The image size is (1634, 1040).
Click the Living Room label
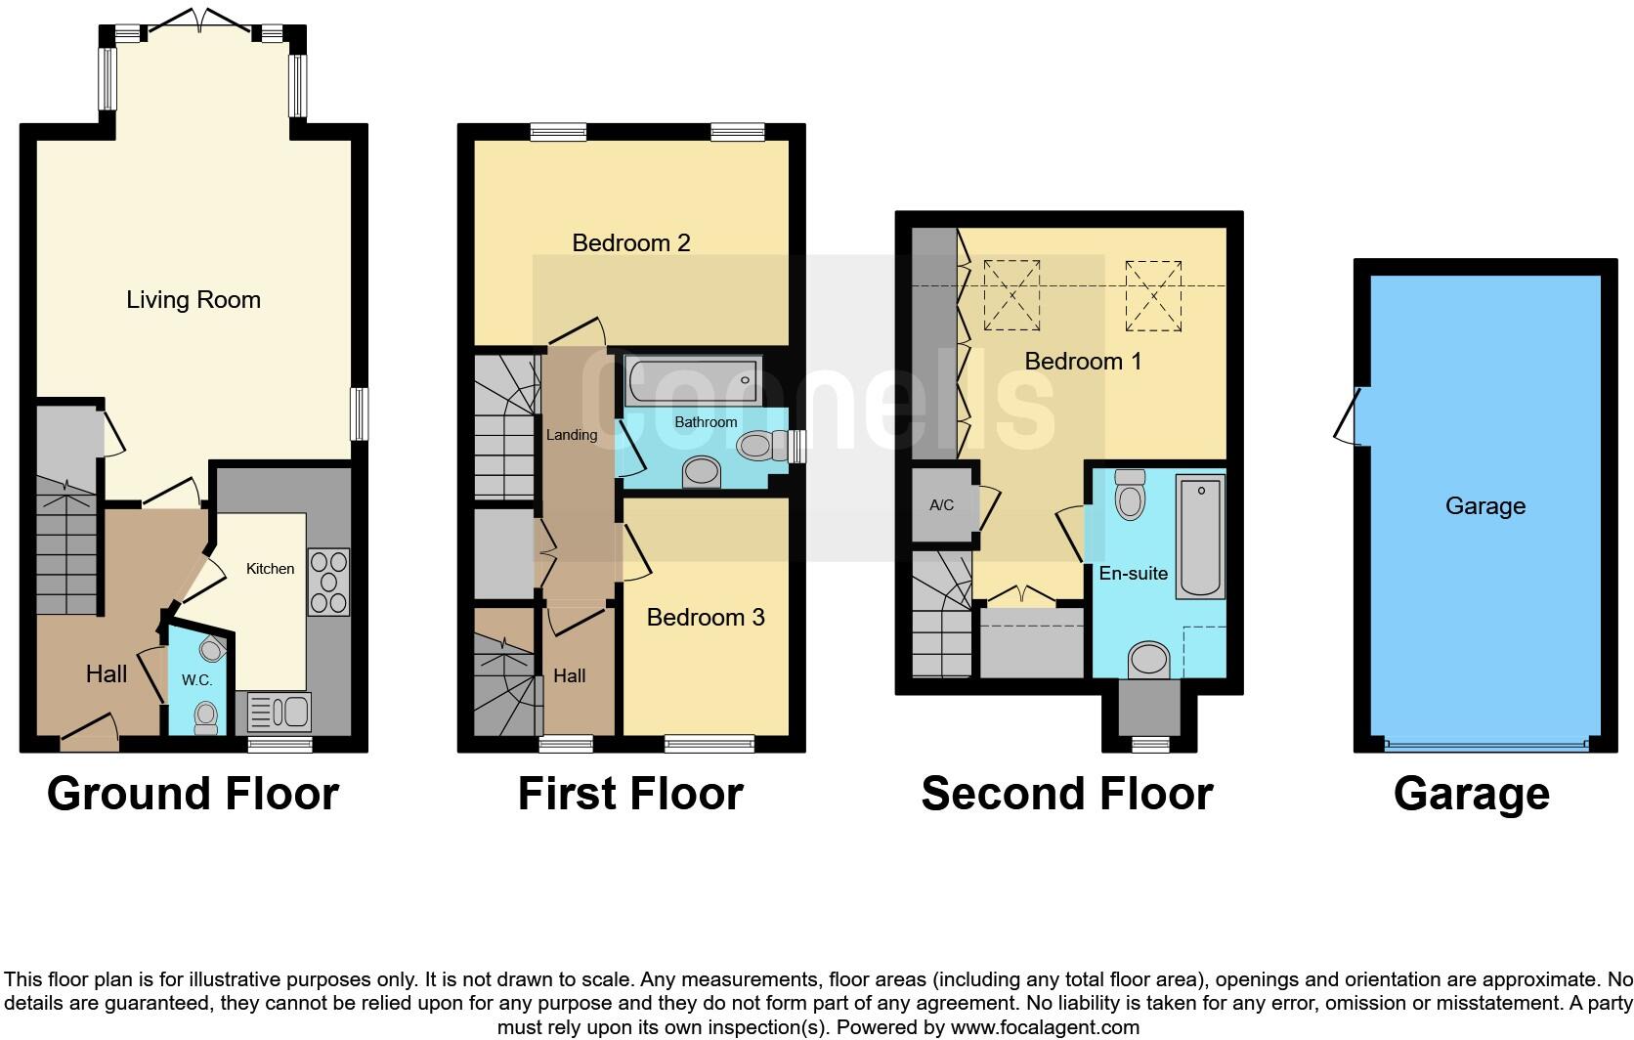[193, 299]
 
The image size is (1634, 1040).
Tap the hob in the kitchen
[328, 582]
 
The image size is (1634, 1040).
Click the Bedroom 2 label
[630, 242]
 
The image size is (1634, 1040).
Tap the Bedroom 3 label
[705, 617]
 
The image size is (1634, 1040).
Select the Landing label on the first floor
[571, 434]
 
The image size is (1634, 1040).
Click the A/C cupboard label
[941, 505]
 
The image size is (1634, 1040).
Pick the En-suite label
[1133, 573]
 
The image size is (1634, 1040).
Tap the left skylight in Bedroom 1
[1011, 295]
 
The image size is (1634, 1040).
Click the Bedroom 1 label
[1083, 361]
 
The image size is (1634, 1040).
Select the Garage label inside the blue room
[1484, 505]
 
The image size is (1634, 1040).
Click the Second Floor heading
[1066, 794]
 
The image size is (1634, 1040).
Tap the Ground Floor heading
[193, 794]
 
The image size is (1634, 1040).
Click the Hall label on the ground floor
[106, 673]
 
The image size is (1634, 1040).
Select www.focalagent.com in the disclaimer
[1045, 1027]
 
